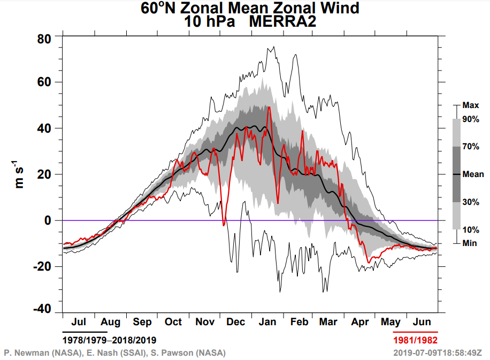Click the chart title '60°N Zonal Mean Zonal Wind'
[250, 9]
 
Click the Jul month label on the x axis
[78, 322]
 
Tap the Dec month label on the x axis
[236, 322]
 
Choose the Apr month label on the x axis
[361, 322]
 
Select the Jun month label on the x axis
[423, 322]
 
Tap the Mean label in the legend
[473, 174]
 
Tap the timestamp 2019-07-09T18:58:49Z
[437, 353]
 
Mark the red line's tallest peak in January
[269, 107]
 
